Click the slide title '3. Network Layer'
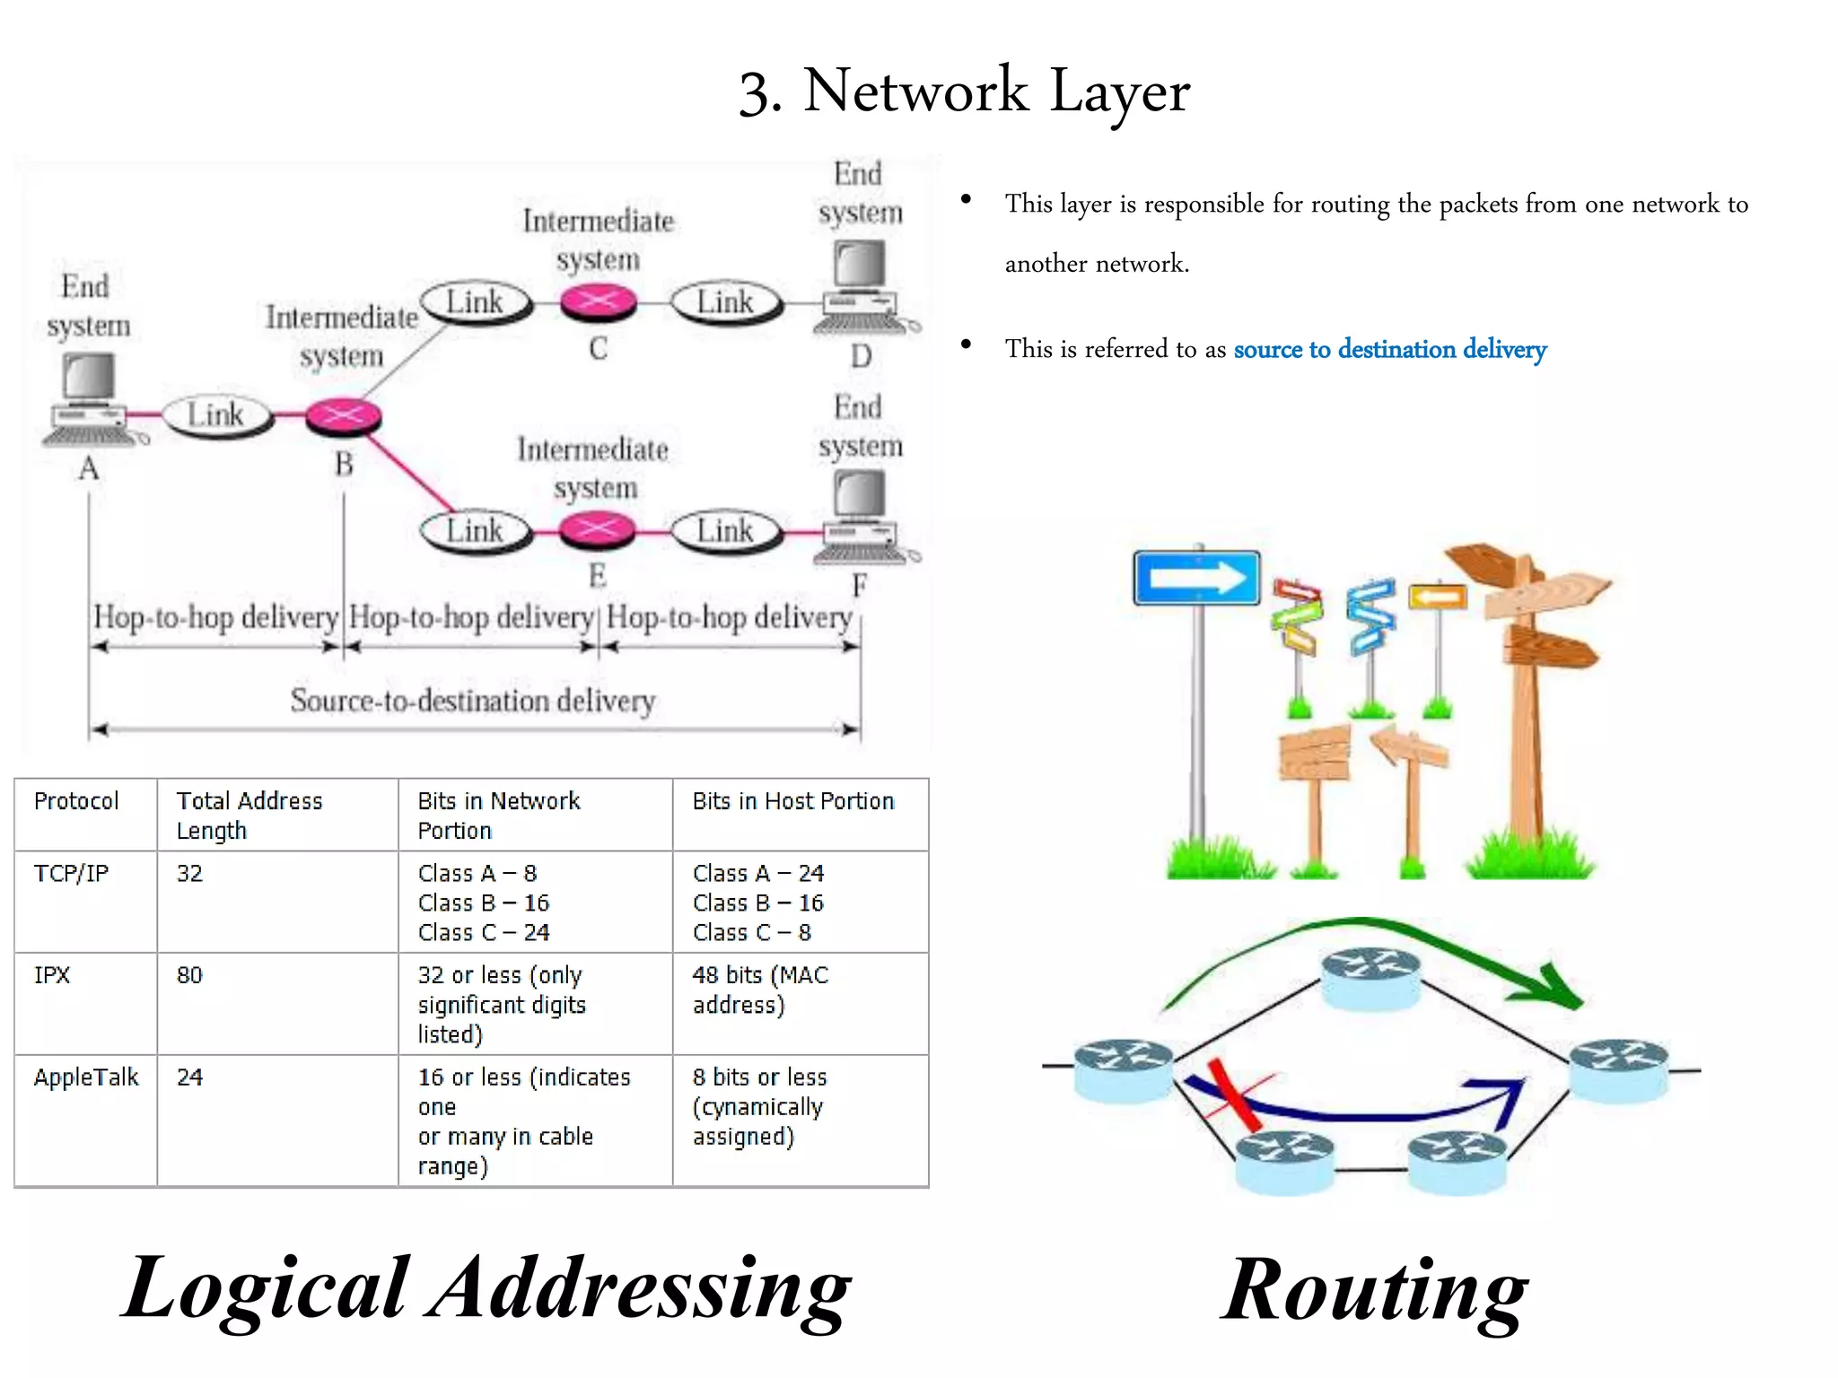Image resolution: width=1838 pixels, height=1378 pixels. [964, 92]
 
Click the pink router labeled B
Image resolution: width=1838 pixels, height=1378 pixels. [343, 416]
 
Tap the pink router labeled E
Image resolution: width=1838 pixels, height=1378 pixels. [597, 530]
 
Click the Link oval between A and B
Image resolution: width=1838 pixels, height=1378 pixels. [216, 415]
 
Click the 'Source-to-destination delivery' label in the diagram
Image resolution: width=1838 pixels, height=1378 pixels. [473, 701]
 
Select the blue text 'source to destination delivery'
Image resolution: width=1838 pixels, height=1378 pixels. [1389, 349]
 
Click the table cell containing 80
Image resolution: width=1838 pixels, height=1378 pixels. [189, 975]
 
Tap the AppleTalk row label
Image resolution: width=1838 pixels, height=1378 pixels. [86, 1077]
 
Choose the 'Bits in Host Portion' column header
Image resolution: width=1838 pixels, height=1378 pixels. [792, 801]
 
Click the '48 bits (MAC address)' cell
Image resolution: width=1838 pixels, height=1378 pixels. [759, 990]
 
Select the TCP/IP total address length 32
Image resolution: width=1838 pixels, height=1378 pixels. [189, 874]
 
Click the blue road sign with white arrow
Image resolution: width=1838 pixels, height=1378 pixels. [1196, 579]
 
